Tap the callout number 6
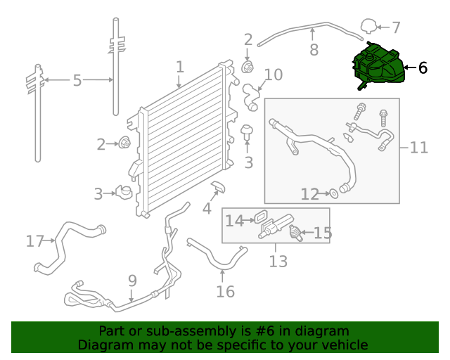pos(422,68)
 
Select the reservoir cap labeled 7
pos(368,27)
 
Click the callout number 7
pos(396,28)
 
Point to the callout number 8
pos(314,50)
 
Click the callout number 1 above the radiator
pos(180,67)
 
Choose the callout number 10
pos(273,75)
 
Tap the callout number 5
pos(77,81)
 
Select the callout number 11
pos(418,148)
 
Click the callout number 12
pos(309,193)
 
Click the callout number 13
pos(278,262)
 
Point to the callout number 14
pos(233,221)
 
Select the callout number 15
pos(322,233)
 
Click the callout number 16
pos(225,290)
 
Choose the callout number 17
pos(35,241)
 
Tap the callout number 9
pos(132,281)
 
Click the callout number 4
pos(207,209)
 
